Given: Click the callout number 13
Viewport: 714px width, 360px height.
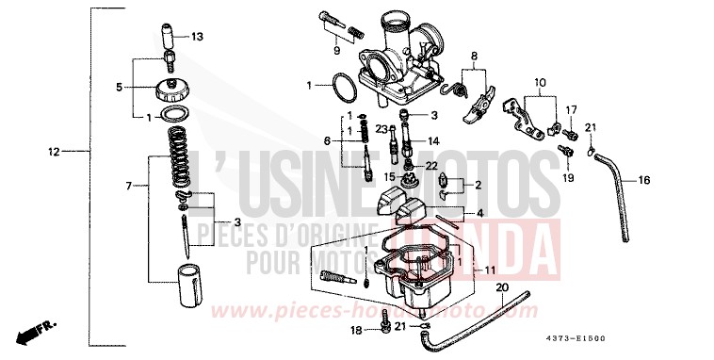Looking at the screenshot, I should pos(197,37).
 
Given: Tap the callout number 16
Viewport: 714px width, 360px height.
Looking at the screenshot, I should pos(644,179).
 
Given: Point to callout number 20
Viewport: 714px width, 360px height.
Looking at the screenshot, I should pos(501,287).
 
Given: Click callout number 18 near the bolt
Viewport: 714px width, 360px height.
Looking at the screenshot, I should pos(355,331).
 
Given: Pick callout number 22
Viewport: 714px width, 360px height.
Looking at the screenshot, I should pos(431,166).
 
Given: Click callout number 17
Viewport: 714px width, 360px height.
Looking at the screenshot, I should pos(570,110).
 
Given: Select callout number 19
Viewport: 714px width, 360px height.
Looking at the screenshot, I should pos(568,176).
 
